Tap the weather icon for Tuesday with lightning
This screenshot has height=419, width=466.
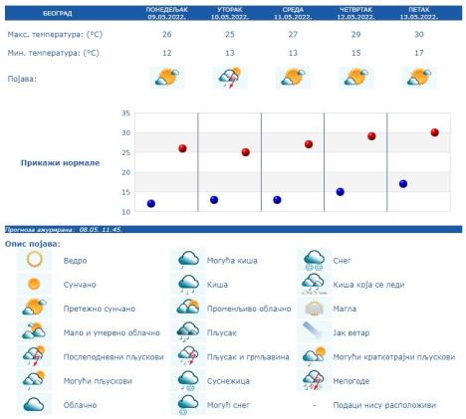(229, 77)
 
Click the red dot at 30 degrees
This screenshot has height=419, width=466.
(434, 132)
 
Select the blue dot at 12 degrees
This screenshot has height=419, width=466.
(151, 203)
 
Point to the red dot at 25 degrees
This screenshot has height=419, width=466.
(245, 152)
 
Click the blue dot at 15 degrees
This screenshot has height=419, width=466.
(340, 192)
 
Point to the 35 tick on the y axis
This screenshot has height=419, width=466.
(126, 113)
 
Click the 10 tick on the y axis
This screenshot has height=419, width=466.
(126, 212)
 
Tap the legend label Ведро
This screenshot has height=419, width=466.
(75, 260)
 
